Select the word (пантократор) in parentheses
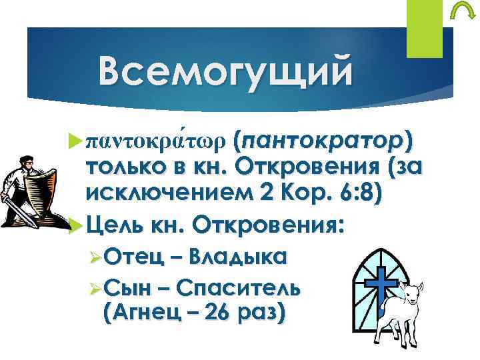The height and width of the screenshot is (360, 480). pos(323,143)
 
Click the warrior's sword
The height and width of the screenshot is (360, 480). pos(17,207)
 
